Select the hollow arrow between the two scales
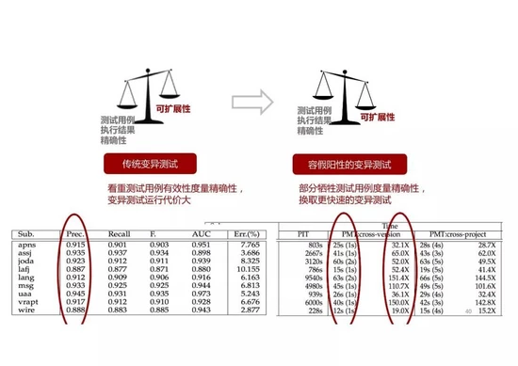(250, 99)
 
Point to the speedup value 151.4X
(398, 278)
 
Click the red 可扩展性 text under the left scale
(176, 109)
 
